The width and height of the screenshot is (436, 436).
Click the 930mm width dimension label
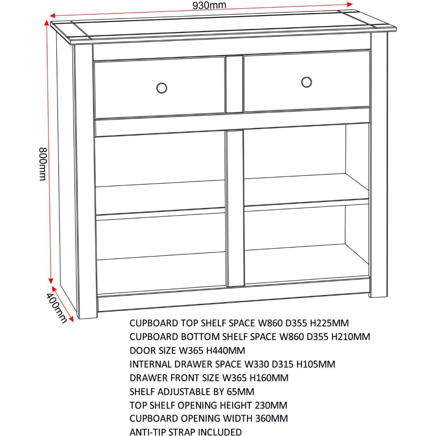[x=209, y=5]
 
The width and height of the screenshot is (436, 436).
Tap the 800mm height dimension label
[x=43, y=164]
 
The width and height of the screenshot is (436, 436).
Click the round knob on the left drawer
[x=162, y=88]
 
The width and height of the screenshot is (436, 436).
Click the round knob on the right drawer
[x=306, y=82]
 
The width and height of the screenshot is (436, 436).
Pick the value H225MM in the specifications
[x=329, y=323]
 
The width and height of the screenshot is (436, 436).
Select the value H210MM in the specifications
[x=351, y=337]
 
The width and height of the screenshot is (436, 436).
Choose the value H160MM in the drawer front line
[x=269, y=378]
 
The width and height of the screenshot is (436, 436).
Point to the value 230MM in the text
[x=271, y=405]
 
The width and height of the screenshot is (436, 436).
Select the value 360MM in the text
[x=271, y=419]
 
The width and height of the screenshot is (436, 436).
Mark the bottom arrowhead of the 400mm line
[x=72, y=319]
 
